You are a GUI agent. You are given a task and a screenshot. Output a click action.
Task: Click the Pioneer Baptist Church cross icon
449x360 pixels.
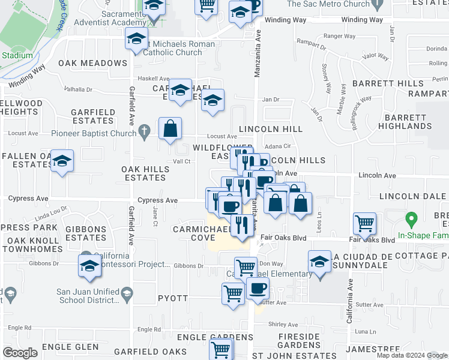click(x=144, y=130)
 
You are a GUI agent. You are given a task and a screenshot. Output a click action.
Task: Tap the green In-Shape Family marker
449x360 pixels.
click(x=411, y=218)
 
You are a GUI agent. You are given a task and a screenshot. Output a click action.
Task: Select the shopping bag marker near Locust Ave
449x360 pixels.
click(x=170, y=128)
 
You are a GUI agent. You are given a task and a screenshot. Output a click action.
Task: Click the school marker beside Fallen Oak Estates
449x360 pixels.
click(x=62, y=161)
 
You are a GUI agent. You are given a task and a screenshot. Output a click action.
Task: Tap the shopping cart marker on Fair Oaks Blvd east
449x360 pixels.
click(x=365, y=224)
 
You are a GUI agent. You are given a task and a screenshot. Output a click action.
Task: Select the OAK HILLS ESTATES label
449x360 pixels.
click(x=145, y=173)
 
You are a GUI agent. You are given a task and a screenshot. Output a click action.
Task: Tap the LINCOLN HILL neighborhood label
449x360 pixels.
click(x=271, y=129)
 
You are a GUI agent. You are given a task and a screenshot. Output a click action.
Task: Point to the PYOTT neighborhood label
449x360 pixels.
click(x=173, y=298)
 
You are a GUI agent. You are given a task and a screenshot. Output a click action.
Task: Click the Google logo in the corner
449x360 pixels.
click(x=20, y=353)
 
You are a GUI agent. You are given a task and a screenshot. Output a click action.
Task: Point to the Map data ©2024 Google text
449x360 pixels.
click(x=412, y=355)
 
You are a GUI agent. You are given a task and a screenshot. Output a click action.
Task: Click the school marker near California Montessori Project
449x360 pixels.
click(x=89, y=266)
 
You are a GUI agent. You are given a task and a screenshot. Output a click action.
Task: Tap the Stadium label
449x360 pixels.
click(x=17, y=56)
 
